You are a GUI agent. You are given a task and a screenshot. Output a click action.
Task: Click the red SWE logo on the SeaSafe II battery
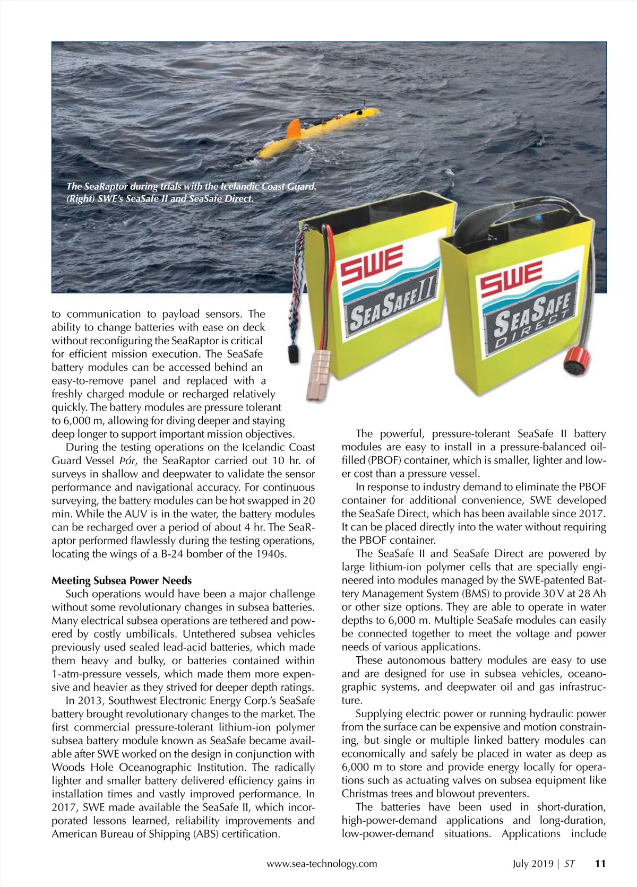372,264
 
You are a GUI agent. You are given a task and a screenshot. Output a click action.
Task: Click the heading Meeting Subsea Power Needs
122,580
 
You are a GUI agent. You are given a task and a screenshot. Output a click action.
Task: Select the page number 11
600,863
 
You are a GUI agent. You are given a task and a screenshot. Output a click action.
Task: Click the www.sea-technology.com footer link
322,864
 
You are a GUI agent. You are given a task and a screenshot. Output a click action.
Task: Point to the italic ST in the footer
569,864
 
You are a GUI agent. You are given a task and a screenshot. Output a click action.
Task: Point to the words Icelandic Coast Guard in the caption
268,186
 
